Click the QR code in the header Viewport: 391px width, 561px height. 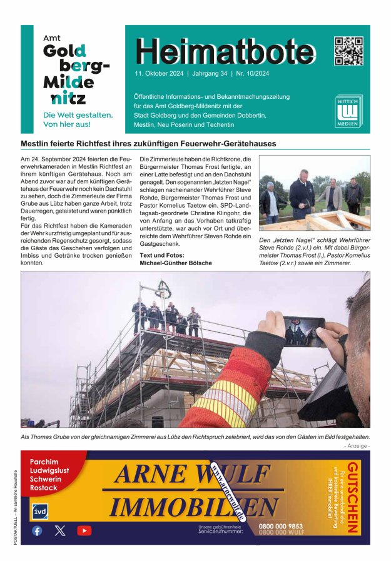click(348, 51)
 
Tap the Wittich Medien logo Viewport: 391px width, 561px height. click(348, 112)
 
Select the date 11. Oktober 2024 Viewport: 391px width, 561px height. click(159, 73)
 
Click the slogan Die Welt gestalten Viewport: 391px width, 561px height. click(78, 115)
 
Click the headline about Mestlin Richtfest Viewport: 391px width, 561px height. click(148, 143)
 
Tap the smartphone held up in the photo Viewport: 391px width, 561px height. click(304, 331)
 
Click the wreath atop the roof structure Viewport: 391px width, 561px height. click(165, 288)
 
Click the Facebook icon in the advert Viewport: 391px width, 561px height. click(37, 530)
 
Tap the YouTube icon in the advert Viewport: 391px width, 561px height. click(84, 530)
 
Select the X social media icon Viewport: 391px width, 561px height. click(60, 530)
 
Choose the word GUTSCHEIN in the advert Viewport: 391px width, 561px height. click(353, 498)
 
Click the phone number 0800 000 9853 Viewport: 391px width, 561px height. click(281, 527)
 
